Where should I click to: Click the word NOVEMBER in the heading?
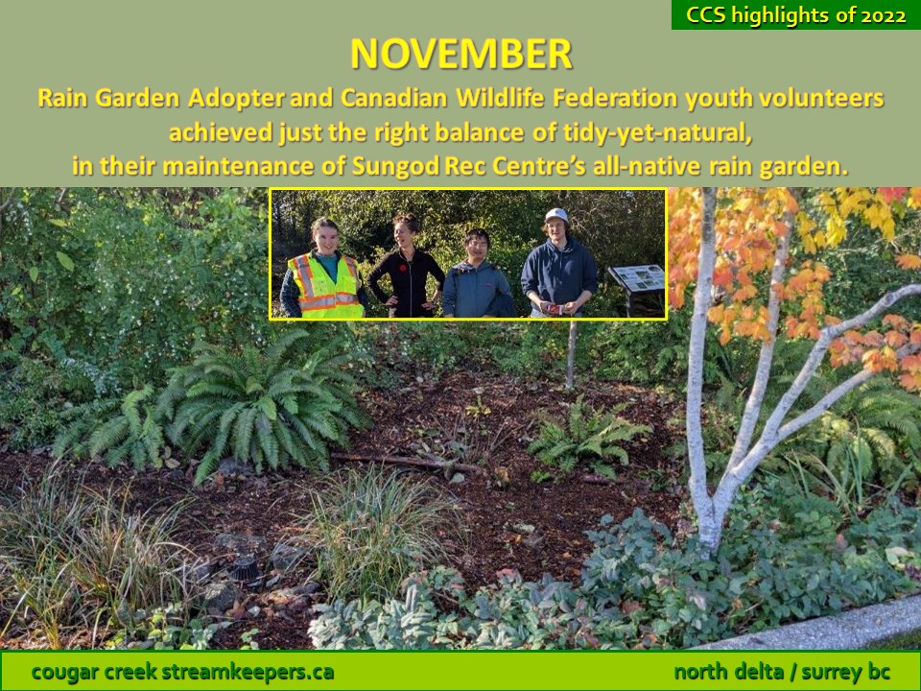[x=461, y=54]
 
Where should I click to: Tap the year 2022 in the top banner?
[x=884, y=15]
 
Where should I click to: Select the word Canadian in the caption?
[x=393, y=98]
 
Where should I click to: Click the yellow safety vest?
[x=324, y=287]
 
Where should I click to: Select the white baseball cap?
[x=555, y=215]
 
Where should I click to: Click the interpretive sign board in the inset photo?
[x=637, y=278]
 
